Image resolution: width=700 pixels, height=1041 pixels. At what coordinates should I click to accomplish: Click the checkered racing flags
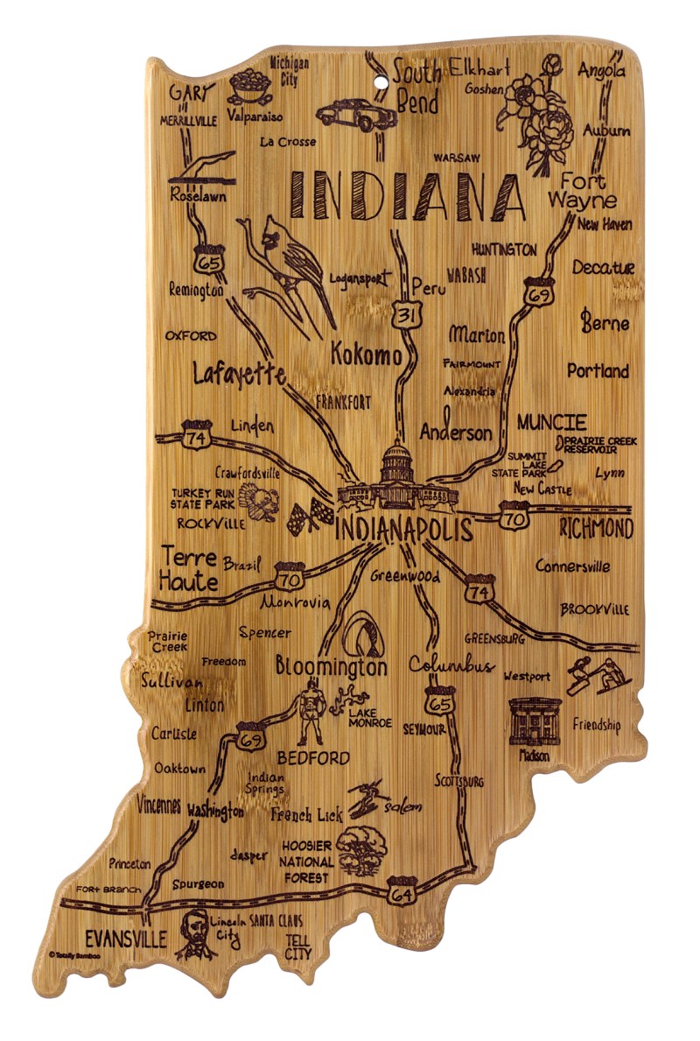click(310, 517)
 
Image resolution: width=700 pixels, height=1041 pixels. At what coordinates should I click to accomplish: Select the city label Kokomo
click(367, 355)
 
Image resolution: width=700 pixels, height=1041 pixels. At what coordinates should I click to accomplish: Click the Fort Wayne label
click(583, 191)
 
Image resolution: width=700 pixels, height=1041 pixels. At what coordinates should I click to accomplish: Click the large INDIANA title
click(407, 194)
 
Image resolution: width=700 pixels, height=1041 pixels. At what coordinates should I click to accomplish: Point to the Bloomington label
click(331, 666)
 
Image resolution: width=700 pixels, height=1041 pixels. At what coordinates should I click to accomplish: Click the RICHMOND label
click(595, 529)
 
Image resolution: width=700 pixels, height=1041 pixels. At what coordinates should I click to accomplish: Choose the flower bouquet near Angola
click(534, 109)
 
